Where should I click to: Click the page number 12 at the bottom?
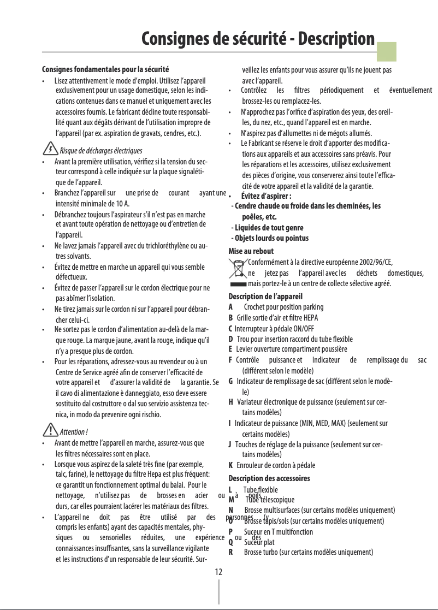pos(218,572)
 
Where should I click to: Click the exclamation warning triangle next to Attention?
pos(50,430)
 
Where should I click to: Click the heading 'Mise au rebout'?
pos(251,252)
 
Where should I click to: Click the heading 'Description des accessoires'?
pos(269,478)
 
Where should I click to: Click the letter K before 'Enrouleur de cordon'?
pos(230,465)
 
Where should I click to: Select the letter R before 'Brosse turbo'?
pos(231,553)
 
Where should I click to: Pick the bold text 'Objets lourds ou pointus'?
pos(270,238)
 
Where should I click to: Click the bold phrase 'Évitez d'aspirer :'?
pos(265,197)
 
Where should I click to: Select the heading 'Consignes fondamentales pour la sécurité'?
pos(105,70)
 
